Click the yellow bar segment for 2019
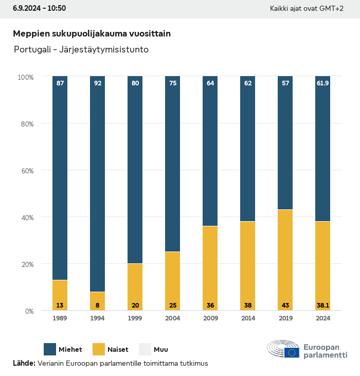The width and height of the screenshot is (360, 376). (x=285, y=260)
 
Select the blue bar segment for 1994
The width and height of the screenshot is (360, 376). (x=98, y=184)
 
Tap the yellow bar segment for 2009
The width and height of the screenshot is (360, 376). (x=210, y=268)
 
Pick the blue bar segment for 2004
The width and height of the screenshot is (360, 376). (x=172, y=164)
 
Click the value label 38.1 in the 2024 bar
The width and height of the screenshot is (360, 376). (x=322, y=306)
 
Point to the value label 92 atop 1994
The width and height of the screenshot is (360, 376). (x=98, y=83)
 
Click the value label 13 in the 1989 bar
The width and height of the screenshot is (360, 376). (x=60, y=306)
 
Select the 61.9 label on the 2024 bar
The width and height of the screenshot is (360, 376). (x=322, y=83)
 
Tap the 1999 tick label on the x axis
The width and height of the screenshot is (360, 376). (x=135, y=319)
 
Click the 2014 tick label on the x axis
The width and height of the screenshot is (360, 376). (x=247, y=319)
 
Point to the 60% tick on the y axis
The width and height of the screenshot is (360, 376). (x=26, y=170)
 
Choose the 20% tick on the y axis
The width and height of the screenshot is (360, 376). (x=26, y=264)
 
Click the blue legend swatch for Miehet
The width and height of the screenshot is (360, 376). (x=50, y=349)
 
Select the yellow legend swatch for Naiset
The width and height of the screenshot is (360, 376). (x=99, y=349)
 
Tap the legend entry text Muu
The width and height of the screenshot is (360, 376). (x=161, y=350)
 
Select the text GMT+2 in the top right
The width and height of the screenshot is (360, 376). (x=332, y=9)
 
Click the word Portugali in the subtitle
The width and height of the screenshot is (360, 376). (x=32, y=50)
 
